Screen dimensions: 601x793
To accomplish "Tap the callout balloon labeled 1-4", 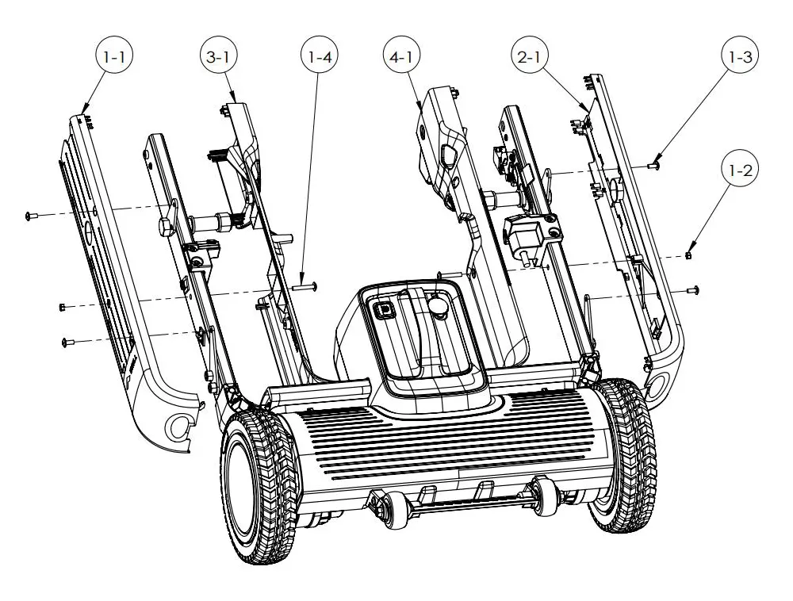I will (x=317, y=57).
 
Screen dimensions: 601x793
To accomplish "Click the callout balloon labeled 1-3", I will (x=741, y=57).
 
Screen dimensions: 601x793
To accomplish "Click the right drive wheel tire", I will (x=626, y=456).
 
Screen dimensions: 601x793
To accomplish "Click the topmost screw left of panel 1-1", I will (x=31, y=215).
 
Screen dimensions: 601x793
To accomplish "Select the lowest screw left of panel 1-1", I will (x=67, y=343).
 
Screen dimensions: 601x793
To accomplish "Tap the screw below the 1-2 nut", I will (x=692, y=291).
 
